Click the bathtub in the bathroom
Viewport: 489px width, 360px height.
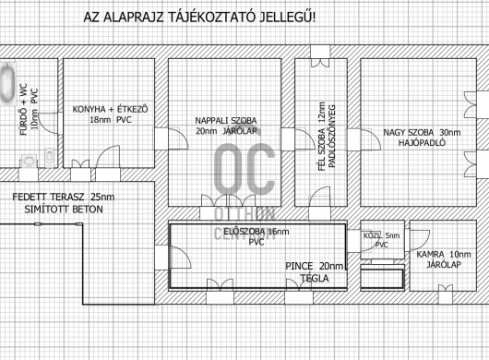[x=7, y=83]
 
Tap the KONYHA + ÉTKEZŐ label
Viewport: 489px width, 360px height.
[x=110, y=110]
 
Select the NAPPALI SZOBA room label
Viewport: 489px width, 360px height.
[x=226, y=120]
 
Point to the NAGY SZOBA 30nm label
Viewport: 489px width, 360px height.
[x=422, y=133]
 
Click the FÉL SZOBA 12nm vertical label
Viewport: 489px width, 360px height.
[x=322, y=137]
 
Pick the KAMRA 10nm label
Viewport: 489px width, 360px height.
[x=444, y=254]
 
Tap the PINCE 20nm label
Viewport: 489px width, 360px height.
[x=315, y=266]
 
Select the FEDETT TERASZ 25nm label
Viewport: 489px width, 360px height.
[x=64, y=198]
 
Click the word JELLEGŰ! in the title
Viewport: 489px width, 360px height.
[x=287, y=18]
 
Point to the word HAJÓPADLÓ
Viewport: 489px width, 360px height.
[x=422, y=143]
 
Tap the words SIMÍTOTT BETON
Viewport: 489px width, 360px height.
[x=64, y=209]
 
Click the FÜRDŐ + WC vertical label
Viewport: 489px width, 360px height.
[x=24, y=109]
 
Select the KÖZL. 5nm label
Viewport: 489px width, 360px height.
[x=381, y=235]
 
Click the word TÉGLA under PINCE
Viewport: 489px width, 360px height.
[x=315, y=278]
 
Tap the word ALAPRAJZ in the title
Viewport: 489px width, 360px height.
[x=133, y=18]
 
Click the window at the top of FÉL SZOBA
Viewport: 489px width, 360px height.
[x=320, y=56]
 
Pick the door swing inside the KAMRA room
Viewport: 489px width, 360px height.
[x=420, y=240]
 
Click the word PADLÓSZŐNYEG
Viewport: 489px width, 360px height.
[x=331, y=137]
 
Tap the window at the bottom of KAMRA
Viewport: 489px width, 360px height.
[x=445, y=294]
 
